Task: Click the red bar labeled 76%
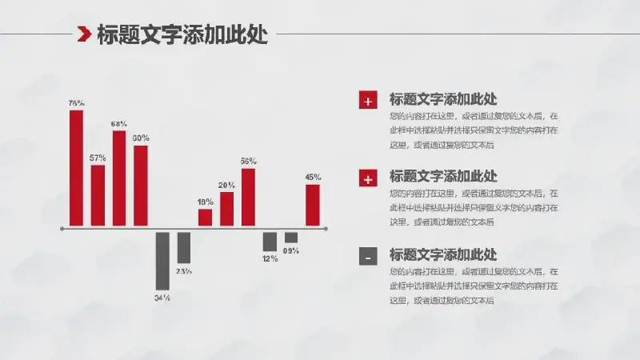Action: (76, 168)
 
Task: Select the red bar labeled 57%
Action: (98, 195)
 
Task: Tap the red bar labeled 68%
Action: (119, 178)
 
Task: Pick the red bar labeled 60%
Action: (141, 186)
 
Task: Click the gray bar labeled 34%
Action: (162, 260)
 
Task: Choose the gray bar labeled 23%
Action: (184, 247)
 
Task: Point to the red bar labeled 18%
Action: (206, 218)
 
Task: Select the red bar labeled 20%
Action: (227, 209)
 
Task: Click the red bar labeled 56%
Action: (248, 197)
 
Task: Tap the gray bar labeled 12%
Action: (270, 241)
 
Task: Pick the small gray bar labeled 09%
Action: (291, 237)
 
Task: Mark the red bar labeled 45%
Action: (313, 205)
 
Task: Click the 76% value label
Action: (76, 103)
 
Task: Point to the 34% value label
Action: (162, 298)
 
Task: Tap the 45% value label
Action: (313, 177)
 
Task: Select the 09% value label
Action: (291, 250)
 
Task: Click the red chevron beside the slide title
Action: (83, 34)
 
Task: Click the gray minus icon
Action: (368, 257)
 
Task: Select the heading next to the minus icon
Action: (443, 255)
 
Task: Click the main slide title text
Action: (182, 34)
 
